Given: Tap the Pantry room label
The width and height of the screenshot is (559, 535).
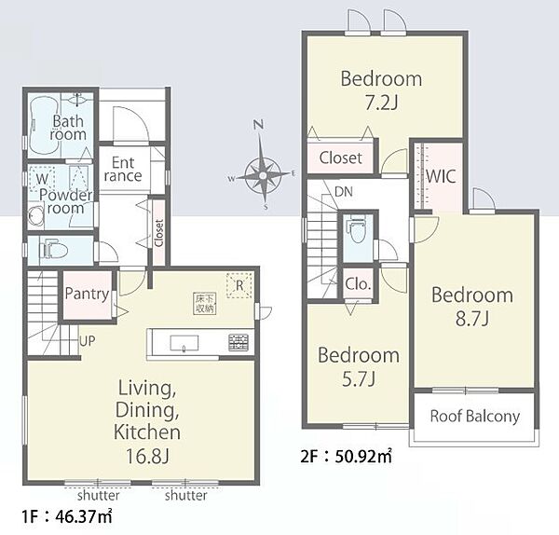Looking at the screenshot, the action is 87,295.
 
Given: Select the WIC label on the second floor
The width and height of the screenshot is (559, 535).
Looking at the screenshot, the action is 441,176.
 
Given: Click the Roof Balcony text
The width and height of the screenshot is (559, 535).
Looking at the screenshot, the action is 474,417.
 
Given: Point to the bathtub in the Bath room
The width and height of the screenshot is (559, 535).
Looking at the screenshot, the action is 44,125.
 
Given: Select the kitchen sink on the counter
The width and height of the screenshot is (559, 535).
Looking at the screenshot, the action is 184,343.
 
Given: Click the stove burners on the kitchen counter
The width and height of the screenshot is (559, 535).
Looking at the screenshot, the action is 239,342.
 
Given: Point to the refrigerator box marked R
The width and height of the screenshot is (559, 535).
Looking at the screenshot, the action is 239,285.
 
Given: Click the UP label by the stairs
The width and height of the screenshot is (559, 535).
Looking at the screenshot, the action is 88,341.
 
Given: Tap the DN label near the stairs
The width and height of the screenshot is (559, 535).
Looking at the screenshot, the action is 344,192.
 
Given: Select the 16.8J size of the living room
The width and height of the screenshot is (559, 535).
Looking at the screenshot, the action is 147,456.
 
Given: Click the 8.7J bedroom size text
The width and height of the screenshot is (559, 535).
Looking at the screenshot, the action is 472,319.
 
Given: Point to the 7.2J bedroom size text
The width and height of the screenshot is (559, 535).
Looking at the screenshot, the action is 381,103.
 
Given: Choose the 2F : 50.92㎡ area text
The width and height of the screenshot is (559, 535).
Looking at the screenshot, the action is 346,457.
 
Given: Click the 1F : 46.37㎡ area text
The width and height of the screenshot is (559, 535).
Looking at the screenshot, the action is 67,516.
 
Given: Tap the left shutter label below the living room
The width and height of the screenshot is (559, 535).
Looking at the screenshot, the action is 99,496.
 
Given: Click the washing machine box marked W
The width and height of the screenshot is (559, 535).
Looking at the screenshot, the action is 42,178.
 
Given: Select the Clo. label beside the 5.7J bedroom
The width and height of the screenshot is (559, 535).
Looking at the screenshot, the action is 358,284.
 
